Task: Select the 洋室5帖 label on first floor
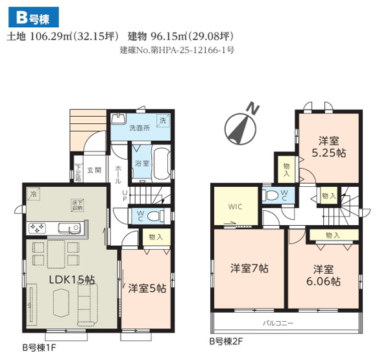[147, 288]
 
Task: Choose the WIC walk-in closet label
[235, 208]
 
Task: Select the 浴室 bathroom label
[141, 163]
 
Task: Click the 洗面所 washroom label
[139, 128]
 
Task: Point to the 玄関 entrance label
[93, 171]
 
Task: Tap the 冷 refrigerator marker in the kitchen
[32, 194]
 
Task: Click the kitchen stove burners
[37, 228]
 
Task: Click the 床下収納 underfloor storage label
[78, 206]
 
